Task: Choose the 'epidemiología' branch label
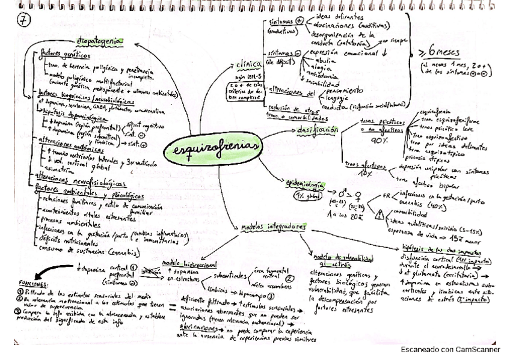coord(306,185)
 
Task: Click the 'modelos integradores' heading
coord(273,228)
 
